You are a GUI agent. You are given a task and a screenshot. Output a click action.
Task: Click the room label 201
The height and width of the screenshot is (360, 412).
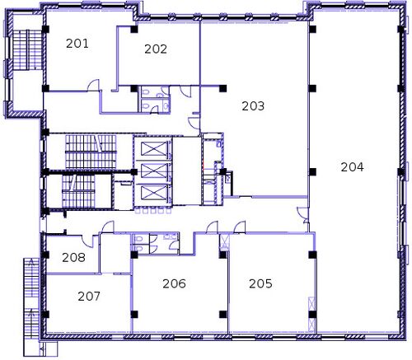tap(77, 44)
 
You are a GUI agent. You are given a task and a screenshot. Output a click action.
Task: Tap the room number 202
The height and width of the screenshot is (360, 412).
tap(156, 49)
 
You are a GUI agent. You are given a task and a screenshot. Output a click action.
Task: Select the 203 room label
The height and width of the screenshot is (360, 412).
tap(253, 106)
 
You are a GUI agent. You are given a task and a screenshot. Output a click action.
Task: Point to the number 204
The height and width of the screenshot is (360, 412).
tap(352, 167)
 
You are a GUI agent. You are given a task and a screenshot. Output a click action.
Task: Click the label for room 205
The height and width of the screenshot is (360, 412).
tap(260, 283)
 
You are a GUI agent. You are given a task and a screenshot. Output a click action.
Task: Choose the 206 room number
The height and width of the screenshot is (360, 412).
tap(174, 283)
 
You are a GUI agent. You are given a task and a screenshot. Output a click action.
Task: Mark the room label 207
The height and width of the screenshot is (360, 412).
tap(89, 297)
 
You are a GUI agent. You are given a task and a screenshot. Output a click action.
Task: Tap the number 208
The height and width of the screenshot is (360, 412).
tap(73, 258)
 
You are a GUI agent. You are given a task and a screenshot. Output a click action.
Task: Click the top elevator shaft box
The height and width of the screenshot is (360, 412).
tap(154, 149)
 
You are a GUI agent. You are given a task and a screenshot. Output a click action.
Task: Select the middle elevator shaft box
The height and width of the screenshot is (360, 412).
tap(154, 171)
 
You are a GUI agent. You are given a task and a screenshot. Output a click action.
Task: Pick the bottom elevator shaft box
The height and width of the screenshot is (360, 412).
tap(154, 192)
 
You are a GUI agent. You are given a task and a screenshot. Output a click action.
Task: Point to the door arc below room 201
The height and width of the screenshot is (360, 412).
tap(93, 85)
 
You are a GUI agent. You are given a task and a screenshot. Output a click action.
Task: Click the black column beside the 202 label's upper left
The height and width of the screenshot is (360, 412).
tap(134, 29)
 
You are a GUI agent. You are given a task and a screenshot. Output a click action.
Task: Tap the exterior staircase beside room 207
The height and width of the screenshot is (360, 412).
tap(32, 298)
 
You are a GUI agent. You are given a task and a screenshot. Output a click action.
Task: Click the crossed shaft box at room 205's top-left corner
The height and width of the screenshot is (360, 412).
tap(225, 241)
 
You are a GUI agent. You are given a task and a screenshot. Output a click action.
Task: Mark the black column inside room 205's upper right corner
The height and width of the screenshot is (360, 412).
tap(312, 255)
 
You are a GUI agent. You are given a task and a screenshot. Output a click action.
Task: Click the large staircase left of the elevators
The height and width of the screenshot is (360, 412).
tap(91, 152)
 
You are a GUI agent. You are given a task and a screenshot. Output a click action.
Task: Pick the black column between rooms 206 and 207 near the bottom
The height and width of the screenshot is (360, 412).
tap(134, 315)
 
